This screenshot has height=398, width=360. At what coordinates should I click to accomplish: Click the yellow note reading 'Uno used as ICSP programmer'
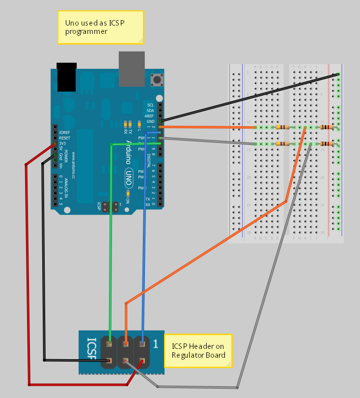tap(101, 27)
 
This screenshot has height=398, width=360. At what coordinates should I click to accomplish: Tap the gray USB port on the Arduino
tap(132, 69)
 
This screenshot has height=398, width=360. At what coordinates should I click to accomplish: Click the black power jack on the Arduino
tap(67, 77)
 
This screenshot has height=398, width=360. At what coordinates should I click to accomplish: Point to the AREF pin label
tap(150, 115)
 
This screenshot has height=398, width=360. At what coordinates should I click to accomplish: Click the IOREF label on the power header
tap(64, 133)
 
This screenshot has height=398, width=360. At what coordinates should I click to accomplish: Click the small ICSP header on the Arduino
tap(112, 206)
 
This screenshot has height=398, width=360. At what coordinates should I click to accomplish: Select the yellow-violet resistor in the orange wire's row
tap(282, 127)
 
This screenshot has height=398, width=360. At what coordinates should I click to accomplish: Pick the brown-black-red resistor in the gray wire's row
tap(326, 144)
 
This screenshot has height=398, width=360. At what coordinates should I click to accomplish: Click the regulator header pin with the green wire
tap(110, 344)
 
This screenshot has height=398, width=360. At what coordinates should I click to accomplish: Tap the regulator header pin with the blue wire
tap(142, 344)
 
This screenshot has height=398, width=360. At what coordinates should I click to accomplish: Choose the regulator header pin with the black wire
tap(110, 362)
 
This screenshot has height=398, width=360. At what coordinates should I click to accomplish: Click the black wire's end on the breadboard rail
tap(338, 74)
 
